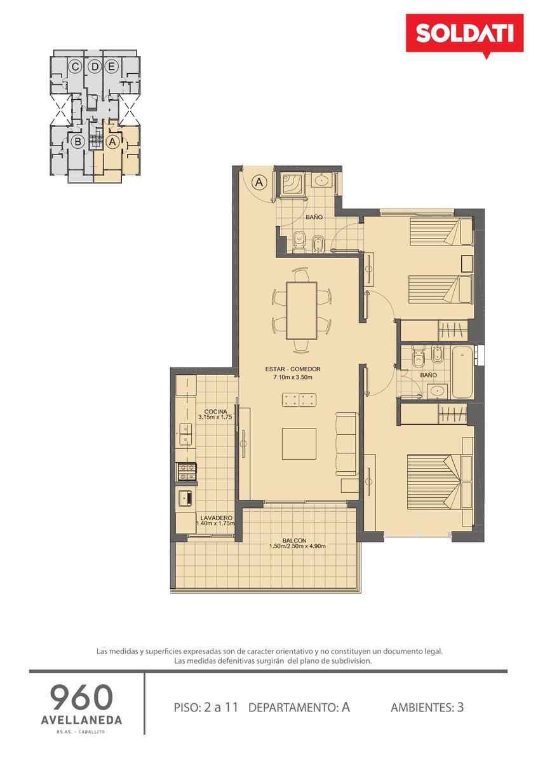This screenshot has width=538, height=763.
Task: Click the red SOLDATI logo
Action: (x=464, y=34)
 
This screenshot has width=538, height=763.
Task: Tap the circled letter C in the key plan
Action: (x=75, y=67)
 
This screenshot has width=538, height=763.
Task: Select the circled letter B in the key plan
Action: (x=77, y=141)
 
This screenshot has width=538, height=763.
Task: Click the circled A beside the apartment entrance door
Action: (x=259, y=182)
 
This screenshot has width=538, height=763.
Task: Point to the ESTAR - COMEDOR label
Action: (x=293, y=369)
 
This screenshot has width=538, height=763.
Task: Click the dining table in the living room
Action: (x=302, y=310)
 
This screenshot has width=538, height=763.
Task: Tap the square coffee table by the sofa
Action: (x=299, y=444)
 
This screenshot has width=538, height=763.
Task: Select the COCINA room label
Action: (x=215, y=411)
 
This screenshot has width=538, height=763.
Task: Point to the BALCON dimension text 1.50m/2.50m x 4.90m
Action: (x=297, y=546)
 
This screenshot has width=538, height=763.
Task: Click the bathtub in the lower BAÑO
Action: (x=462, y=373)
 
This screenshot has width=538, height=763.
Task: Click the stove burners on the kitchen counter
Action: (x=186, y=471)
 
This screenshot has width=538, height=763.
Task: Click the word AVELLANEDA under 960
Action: (x=81, y=720)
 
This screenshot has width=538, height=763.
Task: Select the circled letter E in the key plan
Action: (x=111, y=67)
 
